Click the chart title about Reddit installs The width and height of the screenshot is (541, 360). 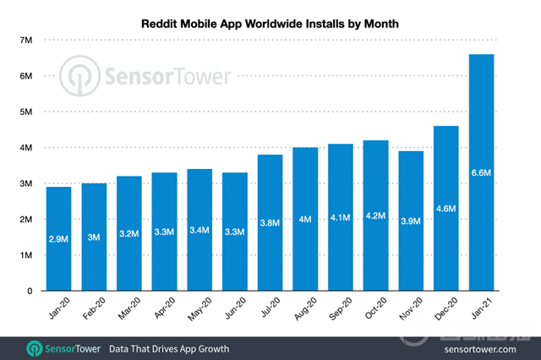coord(270,25)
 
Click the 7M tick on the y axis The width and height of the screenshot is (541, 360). coord(25,40)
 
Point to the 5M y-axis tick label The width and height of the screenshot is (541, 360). coord(25,112)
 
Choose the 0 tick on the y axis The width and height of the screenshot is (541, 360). coord(29,291)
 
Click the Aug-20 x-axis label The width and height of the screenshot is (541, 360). coord(303,311)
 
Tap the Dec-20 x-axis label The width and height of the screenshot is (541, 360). coord(444,311)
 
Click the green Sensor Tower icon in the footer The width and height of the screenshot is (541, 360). coord(35,347)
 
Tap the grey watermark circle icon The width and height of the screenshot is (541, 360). coord(81,77)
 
